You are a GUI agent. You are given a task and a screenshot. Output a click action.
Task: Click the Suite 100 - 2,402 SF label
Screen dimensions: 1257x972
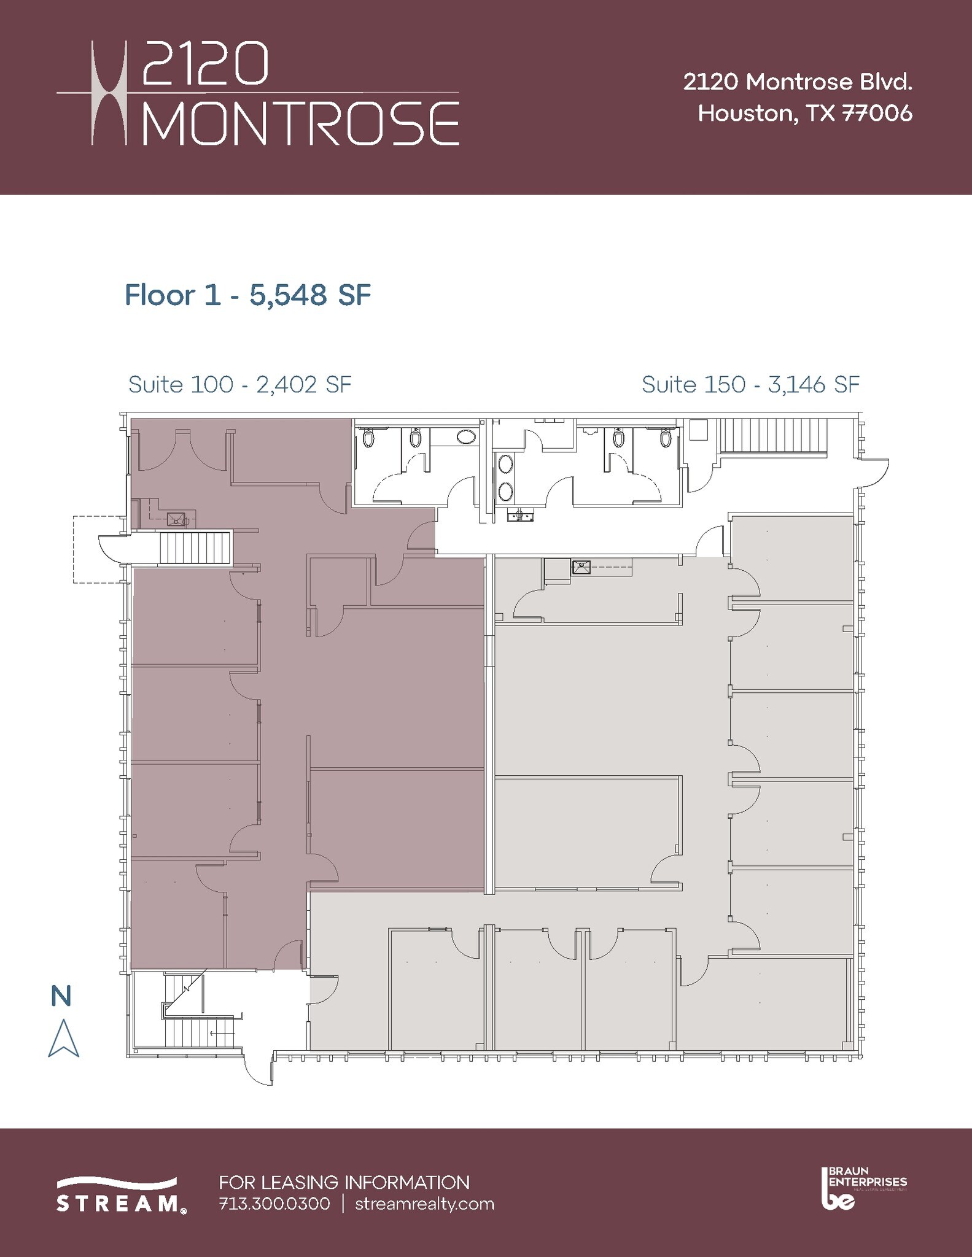pos(239,385)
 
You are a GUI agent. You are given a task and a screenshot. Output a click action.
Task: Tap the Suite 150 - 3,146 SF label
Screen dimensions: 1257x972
pos(750,385)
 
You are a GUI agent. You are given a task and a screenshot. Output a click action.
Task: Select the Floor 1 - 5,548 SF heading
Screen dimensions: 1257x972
pos(247,295)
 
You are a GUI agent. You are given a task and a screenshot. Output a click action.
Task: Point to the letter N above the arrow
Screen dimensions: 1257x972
pos(61,996)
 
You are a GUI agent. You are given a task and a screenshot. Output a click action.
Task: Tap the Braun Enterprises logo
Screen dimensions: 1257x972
pos(863,1188)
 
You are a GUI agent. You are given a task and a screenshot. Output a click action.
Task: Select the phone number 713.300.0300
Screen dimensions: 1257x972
pos(274,1204)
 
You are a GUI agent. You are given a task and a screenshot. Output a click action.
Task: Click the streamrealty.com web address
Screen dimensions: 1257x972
pos(425,1204)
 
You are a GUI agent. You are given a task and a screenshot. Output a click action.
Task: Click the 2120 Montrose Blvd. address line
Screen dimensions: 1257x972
pos(798,82)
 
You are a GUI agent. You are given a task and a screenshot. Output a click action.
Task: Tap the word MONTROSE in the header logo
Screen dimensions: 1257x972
pos(301,123)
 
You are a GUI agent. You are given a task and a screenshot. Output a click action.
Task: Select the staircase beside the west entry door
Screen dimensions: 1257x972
pos(195,547)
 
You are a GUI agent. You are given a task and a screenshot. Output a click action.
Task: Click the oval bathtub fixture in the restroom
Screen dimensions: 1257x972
pos(467,438)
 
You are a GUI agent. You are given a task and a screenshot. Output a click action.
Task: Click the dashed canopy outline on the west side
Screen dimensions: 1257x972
pos(89,549)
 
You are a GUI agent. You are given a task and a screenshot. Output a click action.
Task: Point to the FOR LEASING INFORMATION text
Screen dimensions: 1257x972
pos(344,1182)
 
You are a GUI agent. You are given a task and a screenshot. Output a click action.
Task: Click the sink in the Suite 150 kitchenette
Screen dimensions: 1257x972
pos(581,567)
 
